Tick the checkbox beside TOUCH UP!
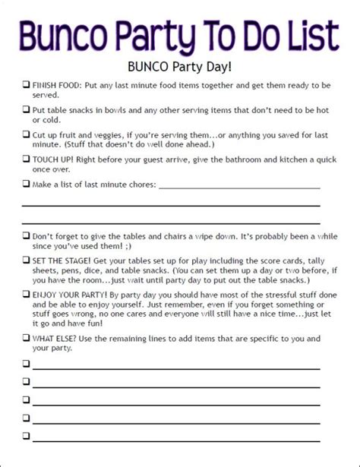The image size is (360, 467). coord(26,160)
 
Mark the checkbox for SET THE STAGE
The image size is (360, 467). coord(26,260)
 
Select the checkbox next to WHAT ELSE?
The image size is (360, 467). coord(26,336)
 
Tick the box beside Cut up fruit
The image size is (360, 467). coord(26,134)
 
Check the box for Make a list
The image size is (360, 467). coord(26,185)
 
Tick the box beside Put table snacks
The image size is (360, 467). coord(26,109)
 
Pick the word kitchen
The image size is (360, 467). coord(303,160)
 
